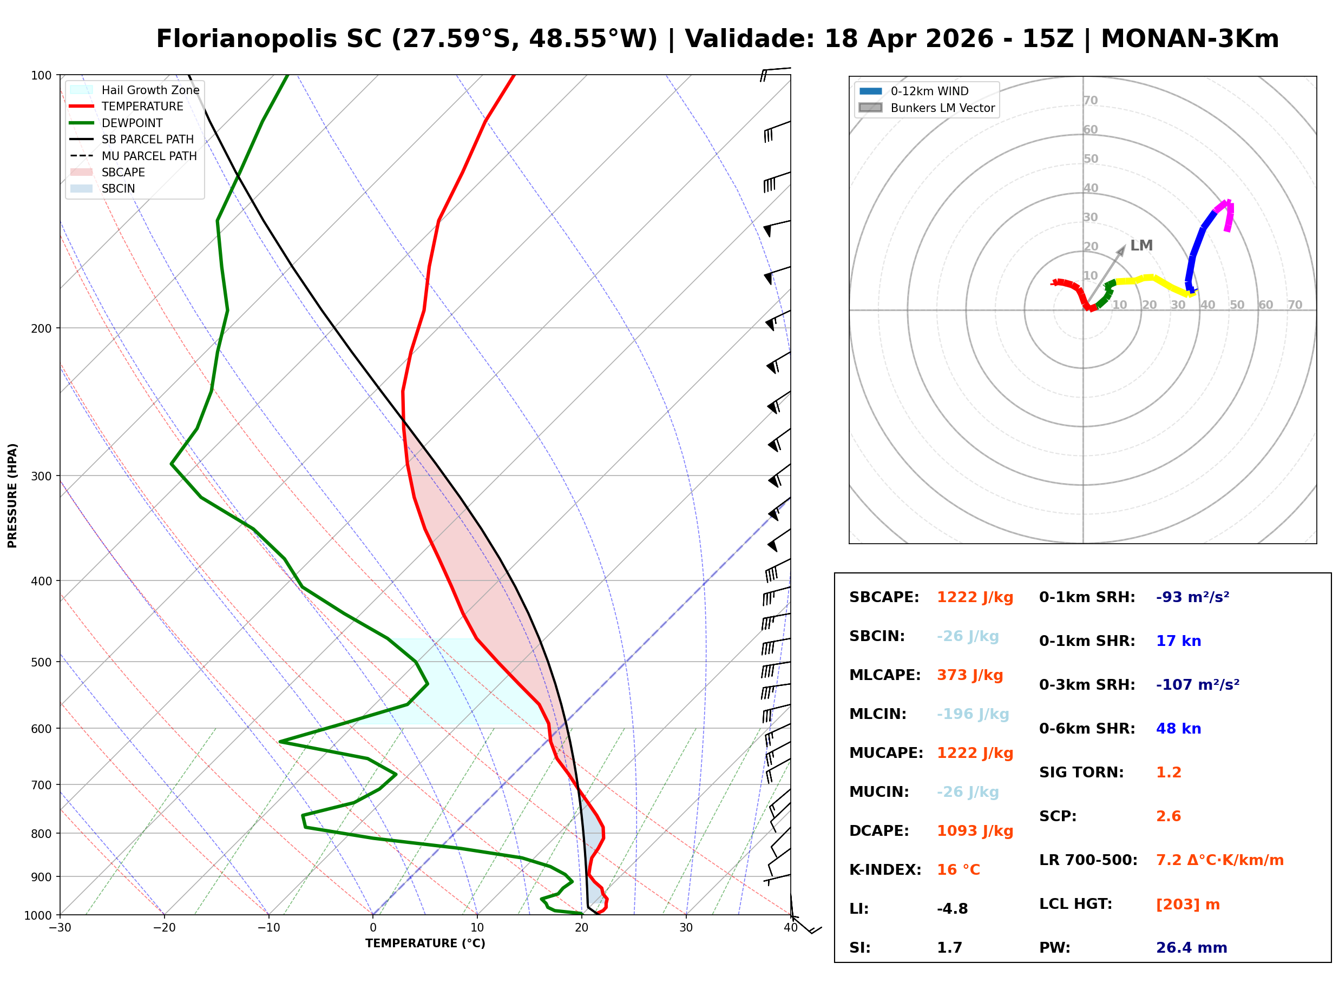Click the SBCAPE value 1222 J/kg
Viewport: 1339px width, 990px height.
[x=975, y=597]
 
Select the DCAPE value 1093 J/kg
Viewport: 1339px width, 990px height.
[x=975, y=831]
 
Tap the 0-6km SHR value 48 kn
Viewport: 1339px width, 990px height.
[x=1178, y=729]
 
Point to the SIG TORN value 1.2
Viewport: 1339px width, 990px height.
[x=1168, y=773]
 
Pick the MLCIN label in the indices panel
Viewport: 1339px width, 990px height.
[x=877, y=714]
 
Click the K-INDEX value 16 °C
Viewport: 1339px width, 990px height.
[x=959, y=870]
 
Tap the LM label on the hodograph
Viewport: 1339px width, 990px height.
[x=1141, y=246]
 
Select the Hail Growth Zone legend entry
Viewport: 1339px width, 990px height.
[x=150, y=90]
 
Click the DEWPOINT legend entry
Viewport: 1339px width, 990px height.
[x=132, y=123]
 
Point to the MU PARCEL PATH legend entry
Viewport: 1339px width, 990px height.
[x=149, y=156]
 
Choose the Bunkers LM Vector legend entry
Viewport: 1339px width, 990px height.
[x=942, y=108]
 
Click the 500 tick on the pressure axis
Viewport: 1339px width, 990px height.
[x=41, y=662]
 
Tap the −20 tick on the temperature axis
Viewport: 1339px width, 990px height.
[x=163, y=928]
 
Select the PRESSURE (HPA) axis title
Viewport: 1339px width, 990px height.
[x=12, y=495]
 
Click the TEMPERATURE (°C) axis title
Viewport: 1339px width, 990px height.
[x=425, y=943]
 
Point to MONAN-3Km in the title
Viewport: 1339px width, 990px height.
[x=1190, y=39]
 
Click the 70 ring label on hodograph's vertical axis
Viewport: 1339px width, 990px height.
[x=1090, y=100]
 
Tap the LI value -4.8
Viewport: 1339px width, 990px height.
[x=952, y=909]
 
